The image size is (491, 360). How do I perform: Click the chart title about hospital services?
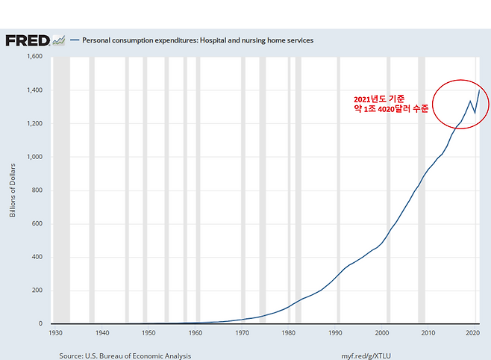pyautogui.click(x=197, y=40)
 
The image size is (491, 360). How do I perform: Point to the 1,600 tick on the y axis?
pyautogui.click(x=34, y=57)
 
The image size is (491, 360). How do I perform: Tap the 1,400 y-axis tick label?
pyautogui.click(x=34, y=90)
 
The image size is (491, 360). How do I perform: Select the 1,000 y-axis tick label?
pyautogui.click(x=34, y=157)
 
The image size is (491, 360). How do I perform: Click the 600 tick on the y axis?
pyautogui.click(x=37, y=224)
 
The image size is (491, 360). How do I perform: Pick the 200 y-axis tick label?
pyautogui.click(x=37, y=291)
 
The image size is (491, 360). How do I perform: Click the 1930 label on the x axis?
pyautogui.click(x=56, y=332)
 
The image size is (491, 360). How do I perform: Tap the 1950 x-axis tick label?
pyautogui.click(x=149, y=332)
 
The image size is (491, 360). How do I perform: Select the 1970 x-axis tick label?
pyautogui.click(x=243, y=332)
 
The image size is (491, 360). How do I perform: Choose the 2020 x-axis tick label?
pyautogui.click(x=472, y=332)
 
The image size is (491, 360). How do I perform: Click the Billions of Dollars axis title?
pyautogui.click(x=12, y=190)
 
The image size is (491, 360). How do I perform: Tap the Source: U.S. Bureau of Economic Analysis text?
pyautogui.click(x=125, y=356)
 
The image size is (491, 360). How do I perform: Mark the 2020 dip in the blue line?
pyautogui.click(x=474, y=113)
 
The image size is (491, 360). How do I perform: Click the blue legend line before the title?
pyautogui.click(x=74, y=40)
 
